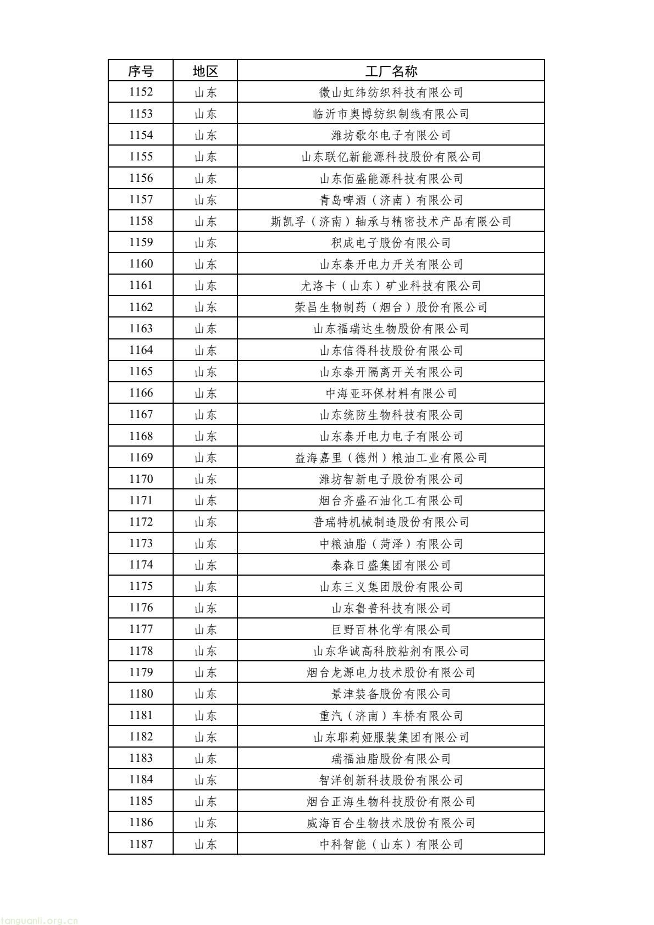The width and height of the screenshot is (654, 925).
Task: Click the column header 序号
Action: point(141,71)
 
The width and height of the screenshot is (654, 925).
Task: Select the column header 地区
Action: point(206,71)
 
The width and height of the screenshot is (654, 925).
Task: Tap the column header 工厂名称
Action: point(391,71)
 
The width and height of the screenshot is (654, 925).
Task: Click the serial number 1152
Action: point(141,92)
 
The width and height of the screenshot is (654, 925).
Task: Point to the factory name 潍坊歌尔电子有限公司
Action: point(391,135)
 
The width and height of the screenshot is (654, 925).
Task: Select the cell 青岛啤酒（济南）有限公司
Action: point(391,200)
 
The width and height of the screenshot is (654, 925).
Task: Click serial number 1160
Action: point(141,264)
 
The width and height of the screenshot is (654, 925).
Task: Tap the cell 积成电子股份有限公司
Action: point(391,243)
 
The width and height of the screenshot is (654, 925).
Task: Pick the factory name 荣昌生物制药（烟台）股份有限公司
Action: point(391,307)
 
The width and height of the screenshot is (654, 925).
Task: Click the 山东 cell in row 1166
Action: point(206,393)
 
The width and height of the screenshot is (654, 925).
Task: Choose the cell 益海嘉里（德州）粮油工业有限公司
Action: point(391,458)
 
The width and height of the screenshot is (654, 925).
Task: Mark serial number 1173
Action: point(141,544)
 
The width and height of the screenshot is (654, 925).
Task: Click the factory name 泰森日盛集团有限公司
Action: point(391,565)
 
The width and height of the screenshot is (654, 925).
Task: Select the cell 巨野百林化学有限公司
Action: point(391,629)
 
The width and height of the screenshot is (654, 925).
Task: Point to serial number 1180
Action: point(141,694)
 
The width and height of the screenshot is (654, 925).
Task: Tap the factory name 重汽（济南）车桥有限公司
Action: point(391,716)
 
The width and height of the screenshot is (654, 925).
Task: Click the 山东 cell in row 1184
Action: point(206,780)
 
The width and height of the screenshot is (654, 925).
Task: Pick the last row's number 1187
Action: point(141,844)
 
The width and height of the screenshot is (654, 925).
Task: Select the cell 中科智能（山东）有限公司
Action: point(391,844)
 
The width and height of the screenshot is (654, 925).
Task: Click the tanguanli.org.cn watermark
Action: point(40,921)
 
